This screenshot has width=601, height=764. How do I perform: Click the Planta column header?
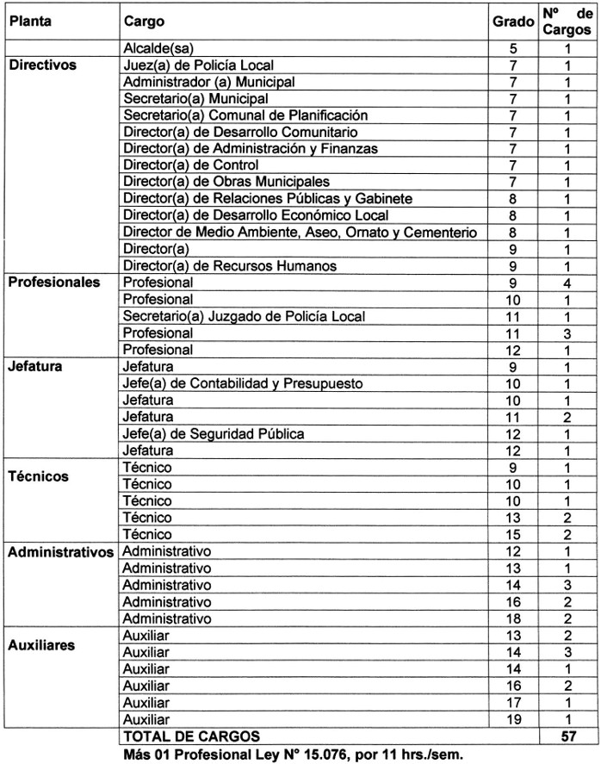click(x=30, y=21)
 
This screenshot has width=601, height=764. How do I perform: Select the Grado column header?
click(x=512, y=21)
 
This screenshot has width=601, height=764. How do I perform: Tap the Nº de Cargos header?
click(x=567, y=21)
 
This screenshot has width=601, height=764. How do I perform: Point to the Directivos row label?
click(x=43, y=65)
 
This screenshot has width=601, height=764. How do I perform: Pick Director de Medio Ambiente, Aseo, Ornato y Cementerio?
click(x=300, y=233)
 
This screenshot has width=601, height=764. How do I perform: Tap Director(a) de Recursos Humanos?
click(x=230, y=266)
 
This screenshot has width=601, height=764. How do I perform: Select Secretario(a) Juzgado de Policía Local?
click(x=244, y=316)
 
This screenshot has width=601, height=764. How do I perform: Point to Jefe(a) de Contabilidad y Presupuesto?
click(x=242, y=383)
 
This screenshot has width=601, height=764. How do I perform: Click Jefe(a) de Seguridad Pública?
click(x=214, y=433)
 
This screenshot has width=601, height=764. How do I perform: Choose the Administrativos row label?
click(x=61, y=551)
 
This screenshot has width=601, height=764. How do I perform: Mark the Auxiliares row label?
click(x=42, y=643)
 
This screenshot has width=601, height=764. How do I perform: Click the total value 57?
click(x=567, y=736)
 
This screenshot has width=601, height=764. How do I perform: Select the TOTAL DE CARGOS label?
click(x=190, y=736)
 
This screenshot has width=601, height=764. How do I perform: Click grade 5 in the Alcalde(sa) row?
click(x=512, y=49)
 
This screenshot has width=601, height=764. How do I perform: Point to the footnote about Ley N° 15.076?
click(x=294, y=754)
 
